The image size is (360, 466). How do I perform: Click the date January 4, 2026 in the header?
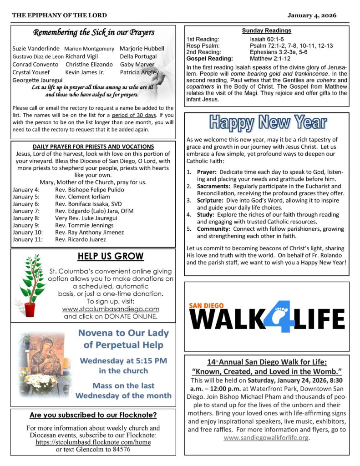click(x=312, y=15)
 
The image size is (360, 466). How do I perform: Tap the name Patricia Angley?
click(x=139, y=72)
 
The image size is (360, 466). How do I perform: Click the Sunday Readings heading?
click(x=266, y=30)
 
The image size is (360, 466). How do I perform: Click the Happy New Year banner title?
click(x=268, y=122)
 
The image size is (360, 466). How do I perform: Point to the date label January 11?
click(x=27, y=239)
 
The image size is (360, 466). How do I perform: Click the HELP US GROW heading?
click(x=110, y=257)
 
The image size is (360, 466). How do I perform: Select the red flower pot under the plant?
click(x=30, y=309)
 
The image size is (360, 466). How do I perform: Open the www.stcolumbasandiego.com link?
click(x=111, y=309)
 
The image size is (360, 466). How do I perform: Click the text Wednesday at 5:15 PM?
click(x=123, y=361)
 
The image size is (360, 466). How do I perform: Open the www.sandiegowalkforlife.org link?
click(x=266, y=438)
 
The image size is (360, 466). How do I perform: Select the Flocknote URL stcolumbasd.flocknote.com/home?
click(x=93, y=442)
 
